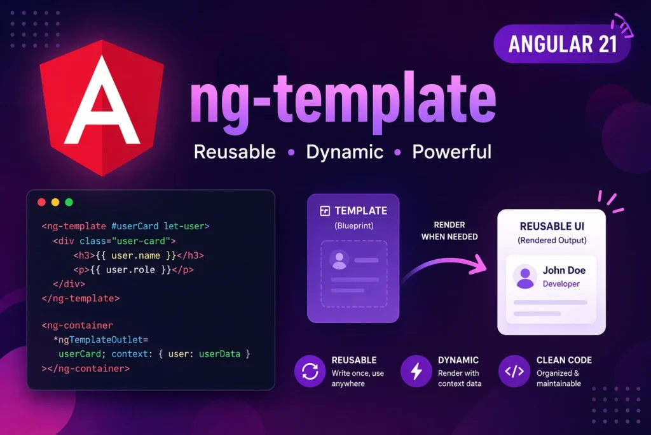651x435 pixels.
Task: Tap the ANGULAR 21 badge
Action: point(562,44)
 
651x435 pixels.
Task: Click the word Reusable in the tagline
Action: point(235,152)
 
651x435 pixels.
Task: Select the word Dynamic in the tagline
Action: point(345,152)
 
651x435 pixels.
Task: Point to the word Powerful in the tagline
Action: point(452,152)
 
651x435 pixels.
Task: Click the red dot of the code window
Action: point(41,202)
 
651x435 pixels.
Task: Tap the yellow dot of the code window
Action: point(55,202)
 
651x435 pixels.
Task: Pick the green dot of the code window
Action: point(69,202)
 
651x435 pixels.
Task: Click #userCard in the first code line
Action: point(135,226)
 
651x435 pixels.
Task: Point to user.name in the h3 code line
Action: point(136,255)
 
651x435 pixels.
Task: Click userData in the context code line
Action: point(219,354)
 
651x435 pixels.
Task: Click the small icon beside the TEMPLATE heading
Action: point(325,211)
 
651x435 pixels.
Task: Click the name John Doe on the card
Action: point(565,270)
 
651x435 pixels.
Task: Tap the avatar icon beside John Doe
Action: point(525,276)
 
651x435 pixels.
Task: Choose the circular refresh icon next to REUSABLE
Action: point(310,371)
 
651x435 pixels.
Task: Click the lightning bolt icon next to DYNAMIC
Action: point(416,371)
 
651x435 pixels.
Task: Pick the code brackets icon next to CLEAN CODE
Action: point(514,371)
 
